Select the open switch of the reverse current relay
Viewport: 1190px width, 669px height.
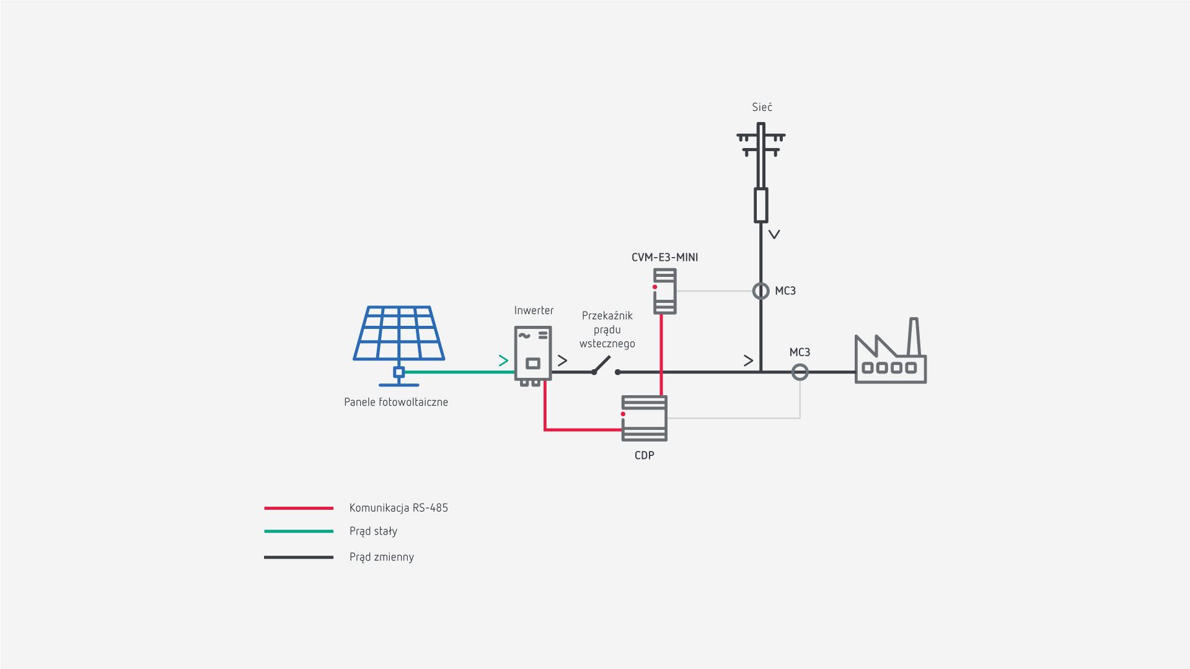point(604,367)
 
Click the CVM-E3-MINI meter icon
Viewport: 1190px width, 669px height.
point(665,291)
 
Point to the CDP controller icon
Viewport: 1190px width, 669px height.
point(645,419)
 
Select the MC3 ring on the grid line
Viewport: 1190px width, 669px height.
point(760,291)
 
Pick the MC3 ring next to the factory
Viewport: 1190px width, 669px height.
point(800,372)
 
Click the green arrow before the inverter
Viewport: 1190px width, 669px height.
point(503,361)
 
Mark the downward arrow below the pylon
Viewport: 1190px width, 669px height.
point(774,235)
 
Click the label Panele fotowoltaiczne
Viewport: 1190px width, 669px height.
point(396,402)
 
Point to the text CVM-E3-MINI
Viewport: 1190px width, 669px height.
point(664,258)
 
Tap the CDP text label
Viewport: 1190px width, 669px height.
point(645,455)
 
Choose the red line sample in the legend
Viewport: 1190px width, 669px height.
point(299,508)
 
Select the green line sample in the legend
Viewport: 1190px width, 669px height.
point(299,531)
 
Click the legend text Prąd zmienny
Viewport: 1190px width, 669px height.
point(382,557)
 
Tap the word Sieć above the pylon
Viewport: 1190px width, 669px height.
point(762,107)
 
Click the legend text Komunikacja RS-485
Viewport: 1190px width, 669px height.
point(399,508)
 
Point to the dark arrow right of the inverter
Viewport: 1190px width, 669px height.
point(562,361)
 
